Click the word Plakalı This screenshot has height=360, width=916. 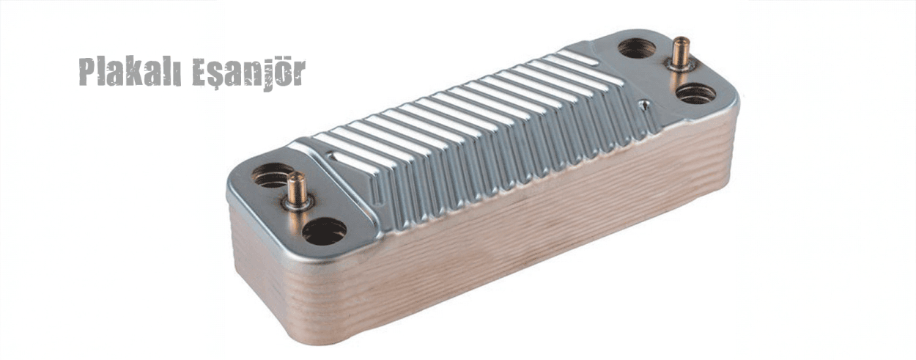click(x=130, y=72)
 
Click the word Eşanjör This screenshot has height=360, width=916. click(x=249, y=73)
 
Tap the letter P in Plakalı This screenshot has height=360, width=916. click(x=87, y=73)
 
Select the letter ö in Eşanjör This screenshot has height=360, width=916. click(x=283, y=73)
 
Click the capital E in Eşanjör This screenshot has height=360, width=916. click(x=200, y=73)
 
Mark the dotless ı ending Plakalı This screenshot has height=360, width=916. click(x=177, y=76)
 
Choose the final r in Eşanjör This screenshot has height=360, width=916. click(x=299, y=76)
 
